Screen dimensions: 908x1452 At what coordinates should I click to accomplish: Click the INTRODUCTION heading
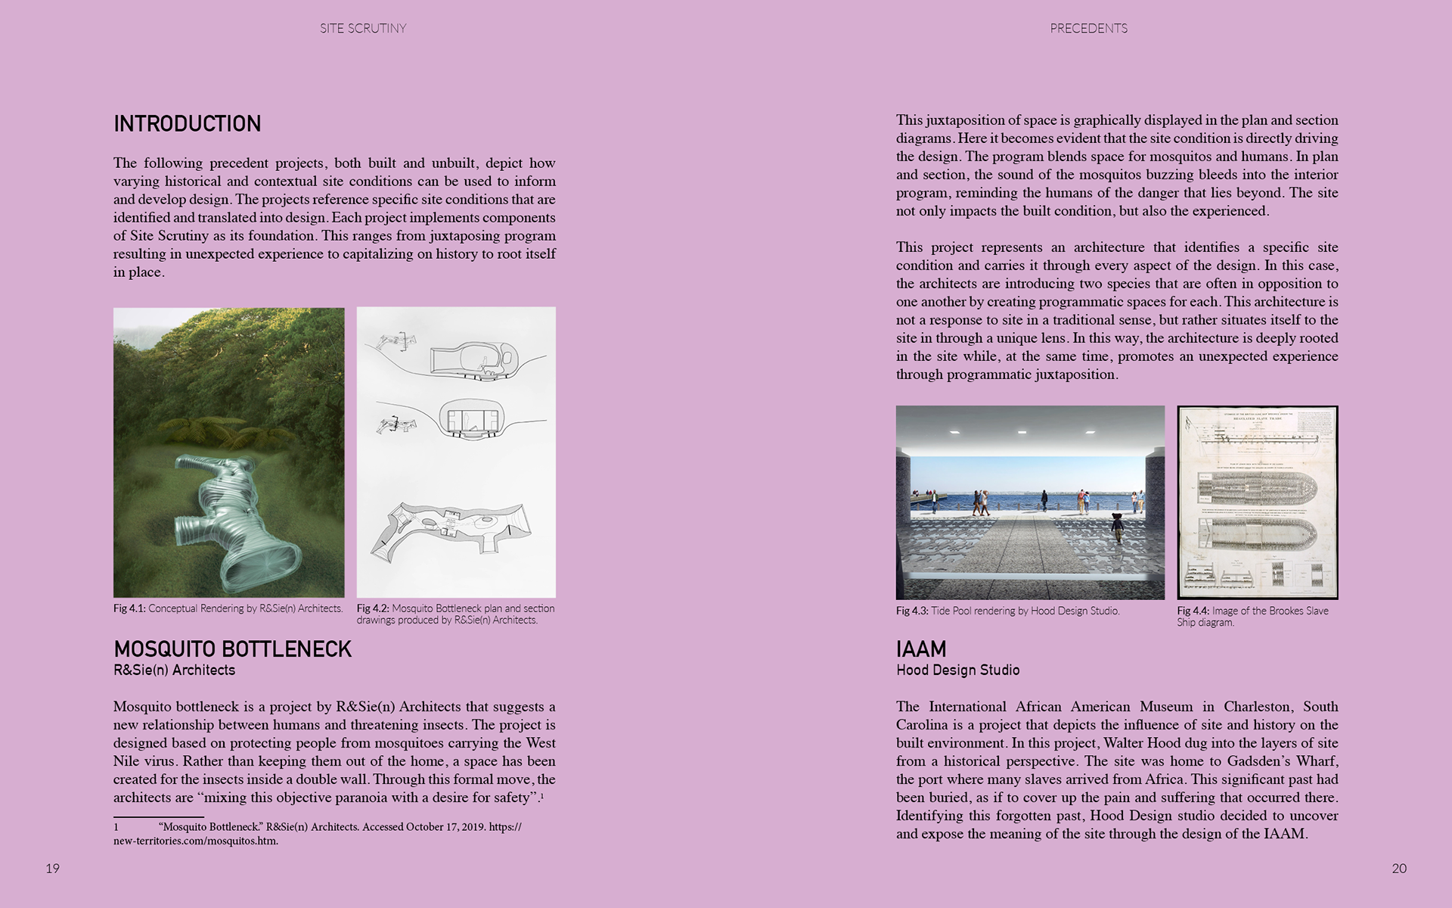tap(187, 124)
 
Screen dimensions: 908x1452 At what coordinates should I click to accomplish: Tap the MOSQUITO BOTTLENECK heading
tap(232, 649)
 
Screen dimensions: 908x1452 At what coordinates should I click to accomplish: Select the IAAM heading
tap(920, 649)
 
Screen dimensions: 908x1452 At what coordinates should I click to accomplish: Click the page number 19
tap(52, 869)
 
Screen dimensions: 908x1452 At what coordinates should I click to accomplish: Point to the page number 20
tap(1399, 869)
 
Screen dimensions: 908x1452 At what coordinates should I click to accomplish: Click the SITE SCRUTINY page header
tap(363, 29)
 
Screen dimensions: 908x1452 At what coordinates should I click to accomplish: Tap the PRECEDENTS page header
tap(1088, 29)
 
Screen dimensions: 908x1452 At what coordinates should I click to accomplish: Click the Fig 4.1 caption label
tap(129, 608)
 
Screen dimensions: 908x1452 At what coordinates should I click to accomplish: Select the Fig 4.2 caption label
tap(373, 608)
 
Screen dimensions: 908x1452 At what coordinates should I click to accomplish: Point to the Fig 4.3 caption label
tap(912, 611)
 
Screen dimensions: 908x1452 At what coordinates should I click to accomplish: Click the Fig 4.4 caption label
tap(1193, 611)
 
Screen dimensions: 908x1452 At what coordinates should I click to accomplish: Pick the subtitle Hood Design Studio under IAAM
tap(957, 670)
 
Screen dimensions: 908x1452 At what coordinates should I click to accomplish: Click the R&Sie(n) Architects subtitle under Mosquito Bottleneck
tap(174, 670)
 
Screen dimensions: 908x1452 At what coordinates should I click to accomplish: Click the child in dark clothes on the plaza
tap(1116, 527)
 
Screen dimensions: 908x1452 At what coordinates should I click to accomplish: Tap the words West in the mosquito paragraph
tap(541, 743)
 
